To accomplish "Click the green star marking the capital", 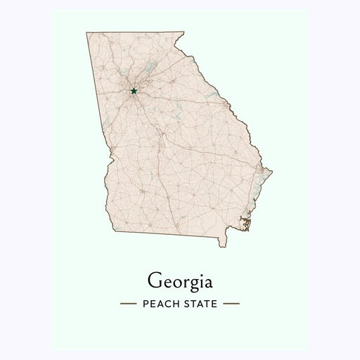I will point(134,91).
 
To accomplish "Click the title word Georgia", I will point(179,280).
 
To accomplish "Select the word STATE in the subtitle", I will point(202,304).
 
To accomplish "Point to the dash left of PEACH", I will point(128,304).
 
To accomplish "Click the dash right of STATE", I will point(232,304).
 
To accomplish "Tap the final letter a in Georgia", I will point(207,281).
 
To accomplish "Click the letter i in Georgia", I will point(198,279).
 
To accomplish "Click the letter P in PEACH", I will point(145,304).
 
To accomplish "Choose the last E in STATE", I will point(215,304).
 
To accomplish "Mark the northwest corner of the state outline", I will point(86,32).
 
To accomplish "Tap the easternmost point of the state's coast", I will point(272,170).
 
